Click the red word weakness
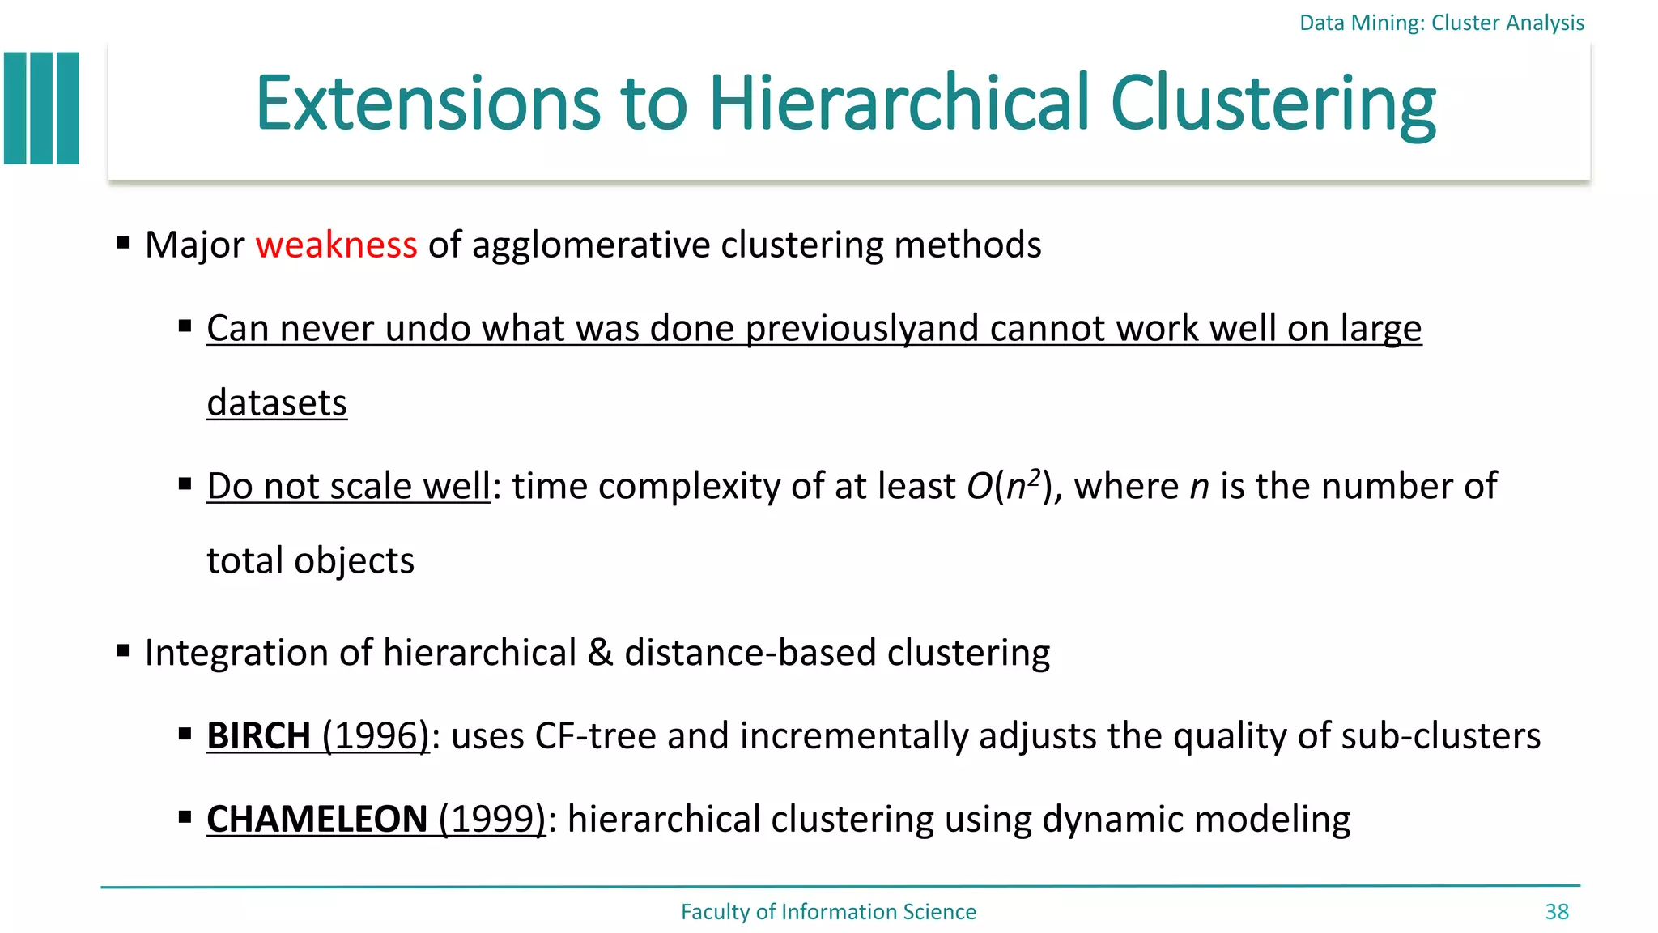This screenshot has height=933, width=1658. pos(336,245)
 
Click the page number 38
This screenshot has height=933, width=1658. pos(1556,912)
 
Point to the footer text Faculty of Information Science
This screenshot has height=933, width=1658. pos(828,912)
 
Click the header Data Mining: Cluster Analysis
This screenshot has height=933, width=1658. pos(1441,23)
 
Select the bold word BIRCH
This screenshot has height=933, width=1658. pos(258,736)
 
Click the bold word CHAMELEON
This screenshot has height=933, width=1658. pos(317,820)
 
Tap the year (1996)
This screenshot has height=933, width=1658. pos(376,736)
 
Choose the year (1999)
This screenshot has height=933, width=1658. pos(492,820)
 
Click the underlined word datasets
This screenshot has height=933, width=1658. pos(277,403)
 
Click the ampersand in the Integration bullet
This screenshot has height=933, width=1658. pos(600,653)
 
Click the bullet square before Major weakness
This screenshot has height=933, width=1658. pos(123,243)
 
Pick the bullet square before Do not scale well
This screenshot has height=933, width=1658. pos(185,484)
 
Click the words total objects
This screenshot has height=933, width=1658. pos(310,561)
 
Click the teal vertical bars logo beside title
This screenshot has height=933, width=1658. pos(42,109)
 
